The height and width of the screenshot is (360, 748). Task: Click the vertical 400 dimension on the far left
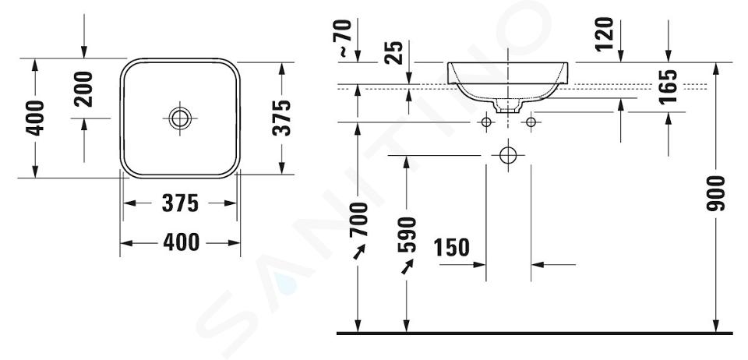click(35, 118)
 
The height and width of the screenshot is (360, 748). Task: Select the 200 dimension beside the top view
click(83, 89)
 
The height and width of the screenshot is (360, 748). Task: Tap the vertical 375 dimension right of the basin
click(282, 118)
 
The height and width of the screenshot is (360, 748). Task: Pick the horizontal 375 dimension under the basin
click(180, 203)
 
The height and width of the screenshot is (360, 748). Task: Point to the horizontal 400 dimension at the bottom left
click(181, 242)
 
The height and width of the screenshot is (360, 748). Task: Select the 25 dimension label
click(394, 53)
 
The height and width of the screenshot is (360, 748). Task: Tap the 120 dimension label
click(605, 34)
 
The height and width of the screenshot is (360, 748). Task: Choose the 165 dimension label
click(668, 86)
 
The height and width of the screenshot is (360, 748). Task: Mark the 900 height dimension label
click(715, 193)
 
